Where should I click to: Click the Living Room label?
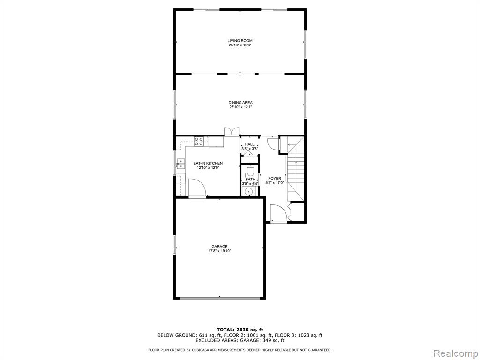[x=240, y=41]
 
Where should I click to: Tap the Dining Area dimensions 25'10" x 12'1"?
[x=240, y=107]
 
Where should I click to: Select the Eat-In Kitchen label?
[x=208, y=164]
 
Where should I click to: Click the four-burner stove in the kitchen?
[x=198, y=141]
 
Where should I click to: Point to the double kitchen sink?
[x=180, y=164]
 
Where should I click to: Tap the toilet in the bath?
[x=250, y=169]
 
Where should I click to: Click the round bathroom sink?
[x=249, y=192]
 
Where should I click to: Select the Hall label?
[x=249, y=144]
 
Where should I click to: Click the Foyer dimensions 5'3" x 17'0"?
[x=275, y=183]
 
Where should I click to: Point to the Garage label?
[x=219, y=247]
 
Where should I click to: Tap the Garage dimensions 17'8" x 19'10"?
[x=219, y=251]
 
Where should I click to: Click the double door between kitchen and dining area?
[x=232, y=131]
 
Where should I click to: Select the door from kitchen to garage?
[x=197, y=188]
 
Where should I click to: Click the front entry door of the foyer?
[x=278, y=213]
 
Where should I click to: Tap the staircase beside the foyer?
[x=296, y=169]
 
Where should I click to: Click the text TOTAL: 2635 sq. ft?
[x=240, y=330]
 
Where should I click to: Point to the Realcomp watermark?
[x=455, y=353]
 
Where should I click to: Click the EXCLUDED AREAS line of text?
[x=240, y=340]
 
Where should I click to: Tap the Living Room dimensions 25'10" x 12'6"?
[x=240, y=45]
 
